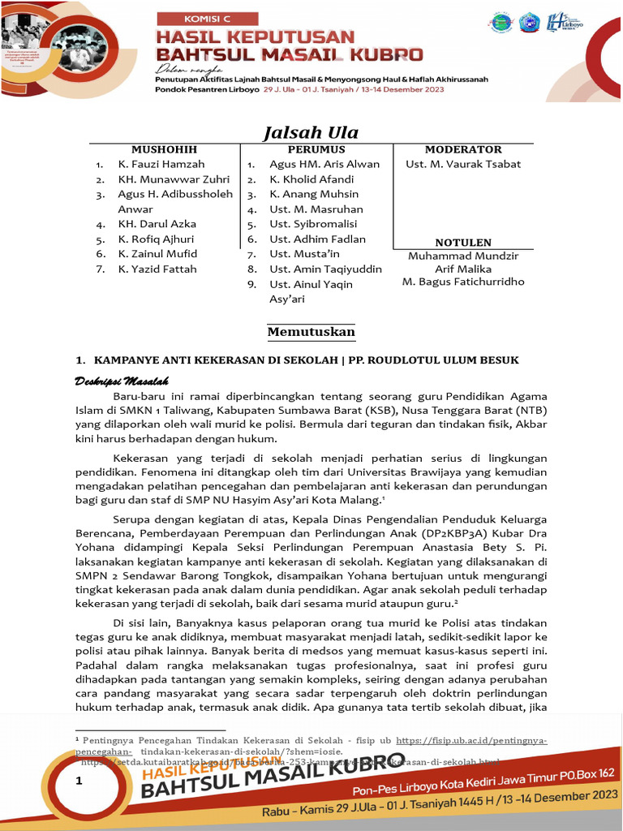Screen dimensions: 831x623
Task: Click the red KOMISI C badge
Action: pyautogui.click(x=207, y=18)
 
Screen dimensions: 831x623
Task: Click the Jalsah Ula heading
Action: pyautogui.click(x=311, y=132)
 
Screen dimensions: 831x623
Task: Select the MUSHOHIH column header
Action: pyautogui.click(x=165, y=149)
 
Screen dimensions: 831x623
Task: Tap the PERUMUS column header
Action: pyautogui.click(x=316, y=149)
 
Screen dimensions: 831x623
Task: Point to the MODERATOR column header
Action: pyautogui.click(x=463, y=149)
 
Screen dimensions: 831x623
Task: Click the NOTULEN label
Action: pyautogui.click(x=463, y=242)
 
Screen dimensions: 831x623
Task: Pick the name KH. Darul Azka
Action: pyautogui.click(x=157, y=224)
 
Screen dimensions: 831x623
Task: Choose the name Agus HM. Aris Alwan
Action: pyautogui.click(x=324, y=164)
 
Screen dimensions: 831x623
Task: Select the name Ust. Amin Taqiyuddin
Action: pyautogui.click(x=325, y=269)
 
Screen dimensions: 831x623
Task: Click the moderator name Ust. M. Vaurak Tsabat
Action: pyautogui.click(x=463, y=164)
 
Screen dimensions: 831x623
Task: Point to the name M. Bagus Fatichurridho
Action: pyautogui.click(x=463, y=282)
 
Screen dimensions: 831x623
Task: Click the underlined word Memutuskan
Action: pyautogui.click(x=311, y=333)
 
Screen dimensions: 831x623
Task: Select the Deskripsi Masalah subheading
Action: pyautogui.click(x=122, y=381)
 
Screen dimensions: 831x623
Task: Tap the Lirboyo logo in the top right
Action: pyautogui.click(x=566, y=22)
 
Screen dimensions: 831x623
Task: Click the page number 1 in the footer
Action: pyautogui.click(x=79, y=781)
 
